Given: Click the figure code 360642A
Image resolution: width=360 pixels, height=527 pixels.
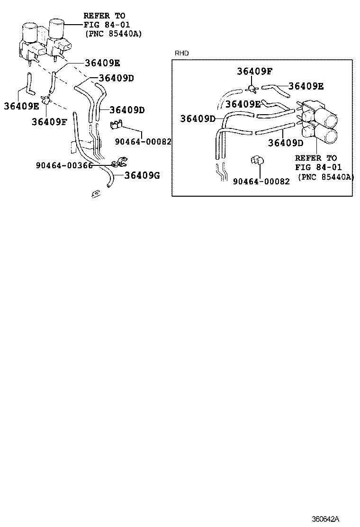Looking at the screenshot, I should pyautogui.click(x=325, y=518).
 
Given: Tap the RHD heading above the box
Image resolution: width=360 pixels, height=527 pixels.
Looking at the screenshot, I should pyautogui.click(x=182, y=53).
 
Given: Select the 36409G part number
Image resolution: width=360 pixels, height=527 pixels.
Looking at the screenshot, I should pyautogui.click(x=142, y=176).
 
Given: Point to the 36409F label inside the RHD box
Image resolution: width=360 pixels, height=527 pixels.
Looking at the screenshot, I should pyautogui.click(x=255, y=71).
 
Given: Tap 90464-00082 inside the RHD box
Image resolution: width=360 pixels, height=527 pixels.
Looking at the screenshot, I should pyautogui.click(x=261, y=181).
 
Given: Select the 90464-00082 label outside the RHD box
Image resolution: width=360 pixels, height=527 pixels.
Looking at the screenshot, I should pyautogui.click(x=143, y=141).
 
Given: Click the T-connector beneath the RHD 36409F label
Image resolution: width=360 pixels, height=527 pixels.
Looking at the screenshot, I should pyautogui.click(x=252, y=87).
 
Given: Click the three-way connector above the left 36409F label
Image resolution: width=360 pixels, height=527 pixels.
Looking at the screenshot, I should pyautogui.click(x=46, y=100).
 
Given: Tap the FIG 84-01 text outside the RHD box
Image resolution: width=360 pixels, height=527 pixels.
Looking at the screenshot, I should pyautogui.click(x=107, y=25).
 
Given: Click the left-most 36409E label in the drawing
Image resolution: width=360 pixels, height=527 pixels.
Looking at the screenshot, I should pyautogui.click(x=22, y=105).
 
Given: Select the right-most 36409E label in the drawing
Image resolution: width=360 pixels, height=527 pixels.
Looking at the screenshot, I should pyautogui.click(x=306, y=86).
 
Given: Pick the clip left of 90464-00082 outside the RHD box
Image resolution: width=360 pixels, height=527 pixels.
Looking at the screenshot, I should pyautogui.click(x=116, y=125).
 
